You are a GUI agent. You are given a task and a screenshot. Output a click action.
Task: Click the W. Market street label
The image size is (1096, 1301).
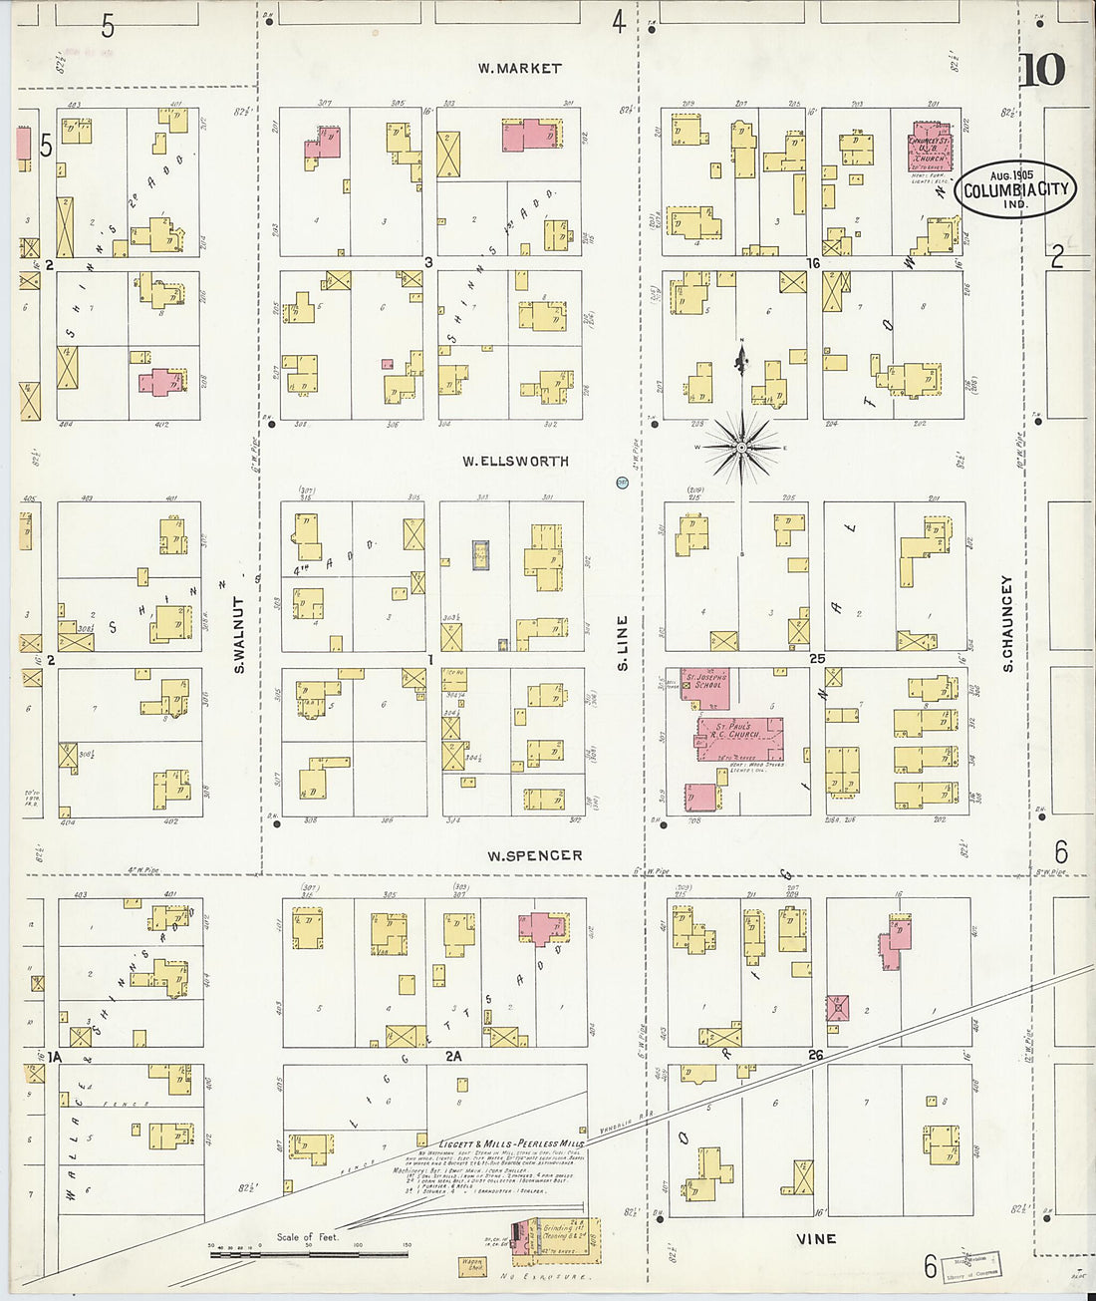tap(518, 69)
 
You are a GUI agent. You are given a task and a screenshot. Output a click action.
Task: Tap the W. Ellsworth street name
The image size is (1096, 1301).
tap(515, 462)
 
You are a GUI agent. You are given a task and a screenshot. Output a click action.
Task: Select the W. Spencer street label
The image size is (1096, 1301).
tap(534, 855)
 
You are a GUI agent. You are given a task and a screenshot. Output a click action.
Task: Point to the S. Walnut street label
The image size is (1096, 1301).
tap(240, 635)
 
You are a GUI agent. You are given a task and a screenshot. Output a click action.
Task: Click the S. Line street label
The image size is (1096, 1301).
tap(623, 642)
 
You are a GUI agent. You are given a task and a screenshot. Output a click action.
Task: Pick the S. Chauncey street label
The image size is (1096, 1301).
tap(1007, 623)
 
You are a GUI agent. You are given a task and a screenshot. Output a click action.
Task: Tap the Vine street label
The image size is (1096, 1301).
tap(816, 1239)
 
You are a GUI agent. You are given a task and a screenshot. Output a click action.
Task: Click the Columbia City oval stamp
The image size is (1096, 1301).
tap(1014, 188)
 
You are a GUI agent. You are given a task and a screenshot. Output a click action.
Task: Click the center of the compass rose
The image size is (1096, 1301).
tap(740, 449)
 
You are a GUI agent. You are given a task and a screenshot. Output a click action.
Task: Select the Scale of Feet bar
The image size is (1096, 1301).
tap(309, 1252)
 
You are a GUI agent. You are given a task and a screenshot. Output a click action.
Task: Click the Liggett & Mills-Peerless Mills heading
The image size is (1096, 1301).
tap(511, 1143)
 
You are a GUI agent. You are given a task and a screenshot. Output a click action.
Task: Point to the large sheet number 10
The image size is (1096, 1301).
tap(1043, 70)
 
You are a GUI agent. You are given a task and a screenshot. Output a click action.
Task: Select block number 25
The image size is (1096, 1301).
tap(817, 659)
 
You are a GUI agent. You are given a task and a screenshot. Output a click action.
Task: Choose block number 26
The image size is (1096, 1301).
tap(817, 1055)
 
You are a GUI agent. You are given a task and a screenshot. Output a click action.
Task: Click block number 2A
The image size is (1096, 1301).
tap(453, 1055)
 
